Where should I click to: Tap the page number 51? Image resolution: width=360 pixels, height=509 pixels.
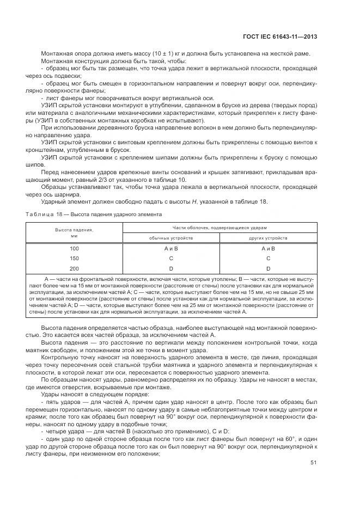(314, 463)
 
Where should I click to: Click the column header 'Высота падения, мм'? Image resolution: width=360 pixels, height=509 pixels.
(74, 232)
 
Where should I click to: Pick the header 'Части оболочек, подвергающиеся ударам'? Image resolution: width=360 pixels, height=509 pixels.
(219, 228)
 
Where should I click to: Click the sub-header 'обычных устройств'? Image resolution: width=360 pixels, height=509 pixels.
(170, 238)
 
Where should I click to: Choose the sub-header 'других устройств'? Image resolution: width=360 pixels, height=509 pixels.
(268, 238)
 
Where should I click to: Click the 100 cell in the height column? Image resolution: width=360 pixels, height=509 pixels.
(74, 249)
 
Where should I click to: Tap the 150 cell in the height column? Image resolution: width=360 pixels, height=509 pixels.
(74, 258)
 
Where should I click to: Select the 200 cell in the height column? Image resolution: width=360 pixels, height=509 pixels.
(74, 268)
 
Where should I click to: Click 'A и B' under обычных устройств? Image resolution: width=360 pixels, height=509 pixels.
(171, 249)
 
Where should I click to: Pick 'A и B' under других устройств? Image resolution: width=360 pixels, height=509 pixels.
(268, 249)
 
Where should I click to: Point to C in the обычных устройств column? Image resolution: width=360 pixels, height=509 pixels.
(171, 258)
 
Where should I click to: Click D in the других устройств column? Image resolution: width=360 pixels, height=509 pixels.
(268, 268)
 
